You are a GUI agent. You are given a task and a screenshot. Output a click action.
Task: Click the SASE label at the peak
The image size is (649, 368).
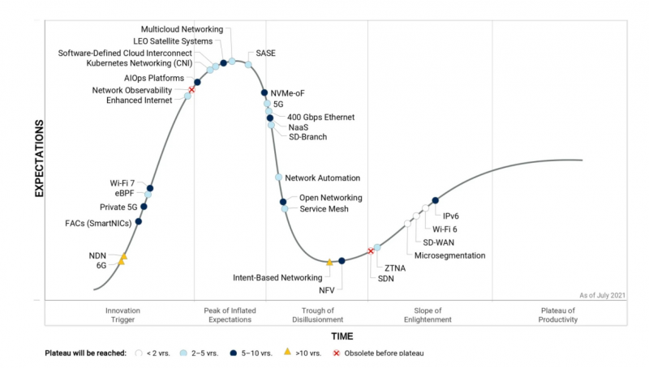(x=265, y=53)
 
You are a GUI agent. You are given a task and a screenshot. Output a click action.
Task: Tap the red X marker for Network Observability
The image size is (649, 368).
(x=191, y=90)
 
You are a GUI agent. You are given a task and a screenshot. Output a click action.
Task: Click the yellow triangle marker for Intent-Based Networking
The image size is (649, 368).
(x=329, y=262)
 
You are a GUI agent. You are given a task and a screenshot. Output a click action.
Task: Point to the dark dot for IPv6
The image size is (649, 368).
(x=436, y=200)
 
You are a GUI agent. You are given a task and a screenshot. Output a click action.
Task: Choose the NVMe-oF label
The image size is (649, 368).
(x=287, y=93)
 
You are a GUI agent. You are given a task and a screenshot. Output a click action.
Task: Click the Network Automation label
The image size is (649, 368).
(x=322, y=178)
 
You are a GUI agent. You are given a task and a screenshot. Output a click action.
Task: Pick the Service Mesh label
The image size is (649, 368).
(x=324, y=209)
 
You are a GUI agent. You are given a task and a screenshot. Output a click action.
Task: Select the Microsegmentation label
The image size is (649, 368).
(x=449, y=255)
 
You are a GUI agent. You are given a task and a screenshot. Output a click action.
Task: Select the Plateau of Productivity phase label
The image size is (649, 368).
(x=557, y=315)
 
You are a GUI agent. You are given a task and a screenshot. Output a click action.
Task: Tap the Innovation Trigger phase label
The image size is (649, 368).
(x=123, y=315)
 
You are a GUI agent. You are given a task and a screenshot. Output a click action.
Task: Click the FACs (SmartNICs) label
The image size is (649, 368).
(x=99, y=223)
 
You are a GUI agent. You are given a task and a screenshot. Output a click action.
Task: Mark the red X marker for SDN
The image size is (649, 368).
(x=371, y=251)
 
